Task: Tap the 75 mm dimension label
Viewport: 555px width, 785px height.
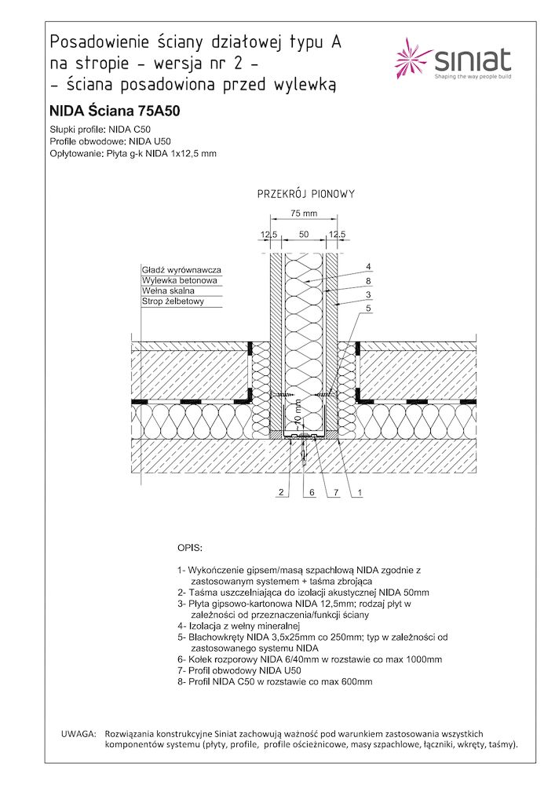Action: click(x=303, y=213)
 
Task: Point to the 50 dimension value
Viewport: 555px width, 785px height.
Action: click(x=303, y=234)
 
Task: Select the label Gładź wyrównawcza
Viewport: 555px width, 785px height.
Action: click(x=181, y=270)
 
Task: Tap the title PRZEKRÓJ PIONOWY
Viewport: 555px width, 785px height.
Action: click(x=307, y=193)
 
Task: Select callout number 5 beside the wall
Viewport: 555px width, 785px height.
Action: click(x=367, y=308)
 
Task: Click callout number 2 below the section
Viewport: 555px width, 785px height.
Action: click(x=279, y=492)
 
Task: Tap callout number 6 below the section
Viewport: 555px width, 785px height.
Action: click(x=311, y=492)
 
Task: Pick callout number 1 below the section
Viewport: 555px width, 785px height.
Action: click(x=359, y=492)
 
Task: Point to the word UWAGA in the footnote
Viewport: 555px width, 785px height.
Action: click(x=78, y=732)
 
